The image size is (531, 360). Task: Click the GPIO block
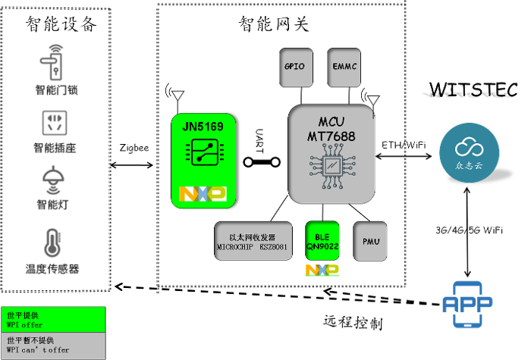(295, 67)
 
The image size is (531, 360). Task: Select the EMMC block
(344, 67)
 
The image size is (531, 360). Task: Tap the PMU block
(370, 241)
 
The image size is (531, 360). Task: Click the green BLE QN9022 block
(322, 241)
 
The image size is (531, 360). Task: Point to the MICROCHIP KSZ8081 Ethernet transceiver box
(253, 241)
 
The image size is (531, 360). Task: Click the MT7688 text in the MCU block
(331, 136)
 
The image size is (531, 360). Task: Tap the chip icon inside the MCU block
(331, 168)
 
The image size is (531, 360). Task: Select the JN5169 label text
(203, 127)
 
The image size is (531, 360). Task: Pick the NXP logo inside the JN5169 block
(203, 194)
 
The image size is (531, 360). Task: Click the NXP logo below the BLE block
(322, 270)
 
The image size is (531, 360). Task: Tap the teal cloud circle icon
(469, 152)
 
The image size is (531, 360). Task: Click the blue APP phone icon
(467, 304)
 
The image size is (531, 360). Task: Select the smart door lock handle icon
(56, 63)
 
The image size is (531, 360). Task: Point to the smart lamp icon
(52, 180)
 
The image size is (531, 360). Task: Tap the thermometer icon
(52, 243)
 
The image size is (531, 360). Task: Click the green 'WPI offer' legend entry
(53, 319)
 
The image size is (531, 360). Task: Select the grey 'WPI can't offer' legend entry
(53, 346)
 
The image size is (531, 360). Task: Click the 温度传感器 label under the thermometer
(52, 269)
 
